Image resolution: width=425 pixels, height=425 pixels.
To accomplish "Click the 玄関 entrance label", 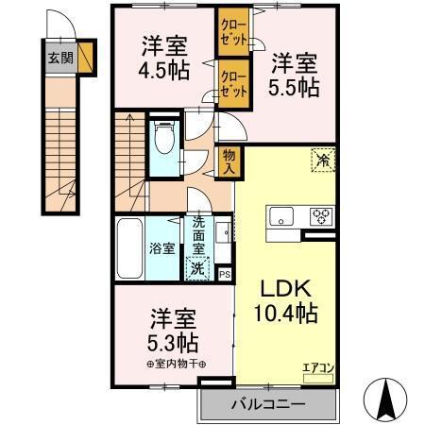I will click(x=59, y=55).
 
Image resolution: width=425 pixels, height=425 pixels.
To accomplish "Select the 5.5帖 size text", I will click(x=296, y=87).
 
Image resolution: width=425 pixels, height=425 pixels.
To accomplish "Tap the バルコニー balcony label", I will click(x=267, y=403).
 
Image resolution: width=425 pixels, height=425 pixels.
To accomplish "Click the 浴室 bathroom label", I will click(x=161, y=248).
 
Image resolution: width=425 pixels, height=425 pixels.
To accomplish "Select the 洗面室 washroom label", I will click(x=198, y=236).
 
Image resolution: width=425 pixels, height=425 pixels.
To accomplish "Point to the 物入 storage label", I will click(x=228, y=161).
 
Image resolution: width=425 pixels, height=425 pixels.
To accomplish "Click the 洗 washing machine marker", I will click(x=197, y=267).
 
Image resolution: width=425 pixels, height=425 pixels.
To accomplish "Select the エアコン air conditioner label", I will click(x=317, y=367).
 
